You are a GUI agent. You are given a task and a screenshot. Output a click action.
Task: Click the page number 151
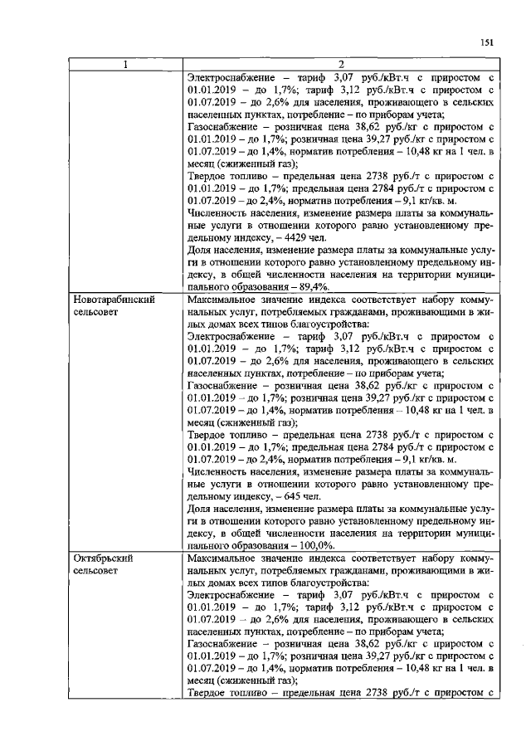[x=487, y=44]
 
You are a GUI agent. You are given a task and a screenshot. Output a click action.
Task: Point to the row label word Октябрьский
[x=102, y=559]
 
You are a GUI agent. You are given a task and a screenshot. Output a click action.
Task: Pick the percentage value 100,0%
[x=315, y=546]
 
